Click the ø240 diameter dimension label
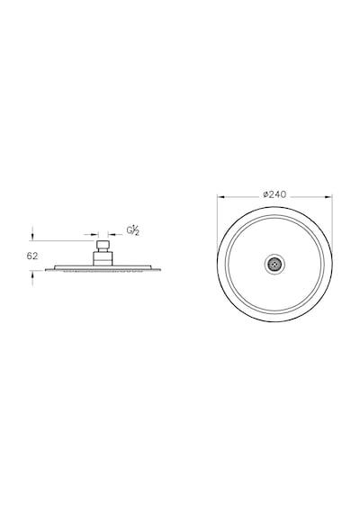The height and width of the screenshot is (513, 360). [x=274, y=194]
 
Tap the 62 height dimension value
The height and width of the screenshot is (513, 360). [x=32, y=256]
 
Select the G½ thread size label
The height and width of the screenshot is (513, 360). [x=133, y=231]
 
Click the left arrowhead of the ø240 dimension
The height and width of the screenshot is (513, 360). [x=221, y=197]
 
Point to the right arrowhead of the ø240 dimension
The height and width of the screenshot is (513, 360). [x=328, y=197]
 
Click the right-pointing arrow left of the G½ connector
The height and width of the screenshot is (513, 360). [x=94, y=234]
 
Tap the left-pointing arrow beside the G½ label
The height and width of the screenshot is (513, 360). [x=112, y=234]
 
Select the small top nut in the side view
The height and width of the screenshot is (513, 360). [x=103, y=246]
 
